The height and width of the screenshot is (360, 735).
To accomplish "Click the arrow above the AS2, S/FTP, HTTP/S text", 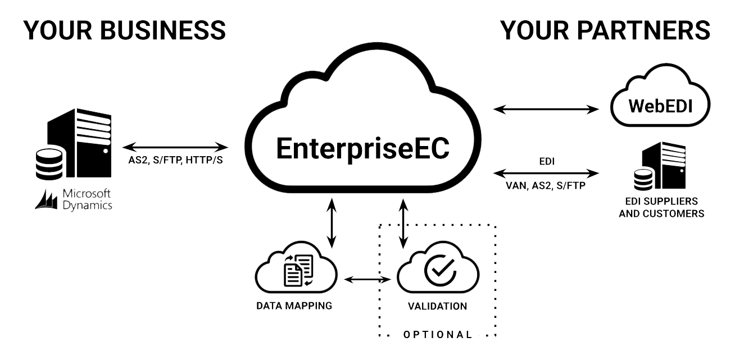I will [x=176, y=148].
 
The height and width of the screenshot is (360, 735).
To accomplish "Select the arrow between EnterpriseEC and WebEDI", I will [x=546, y=108].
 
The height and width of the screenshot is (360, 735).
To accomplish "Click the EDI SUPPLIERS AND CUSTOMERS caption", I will [x=661, y=207].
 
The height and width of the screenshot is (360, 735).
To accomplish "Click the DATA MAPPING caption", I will [x=294, y=306].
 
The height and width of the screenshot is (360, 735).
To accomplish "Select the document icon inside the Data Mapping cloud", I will [x=298, y=270].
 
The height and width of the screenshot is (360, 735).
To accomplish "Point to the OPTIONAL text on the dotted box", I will [x=437, y=335].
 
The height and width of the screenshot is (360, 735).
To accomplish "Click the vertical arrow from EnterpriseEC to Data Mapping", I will [x=332, y=222].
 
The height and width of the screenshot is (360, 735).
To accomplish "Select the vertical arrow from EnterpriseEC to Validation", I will [x=403, y=222].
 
